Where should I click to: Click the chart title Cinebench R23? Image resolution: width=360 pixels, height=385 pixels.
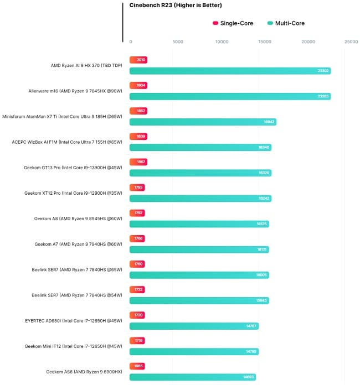[x=176, y=6]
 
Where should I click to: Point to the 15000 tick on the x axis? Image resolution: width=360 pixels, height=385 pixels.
[x=265, y=41]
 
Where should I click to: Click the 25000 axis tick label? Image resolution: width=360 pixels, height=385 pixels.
[x=351, y=41]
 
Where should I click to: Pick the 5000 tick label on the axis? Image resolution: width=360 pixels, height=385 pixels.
[x=178, y=41]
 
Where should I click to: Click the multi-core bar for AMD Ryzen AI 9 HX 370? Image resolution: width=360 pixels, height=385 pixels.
[x=230, y=71]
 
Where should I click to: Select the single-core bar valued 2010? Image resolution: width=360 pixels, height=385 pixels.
[x=138, y=60]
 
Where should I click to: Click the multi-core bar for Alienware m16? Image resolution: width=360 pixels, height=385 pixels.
[x=230, y=96]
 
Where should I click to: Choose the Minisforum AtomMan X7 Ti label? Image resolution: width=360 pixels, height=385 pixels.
[x=64, y=116]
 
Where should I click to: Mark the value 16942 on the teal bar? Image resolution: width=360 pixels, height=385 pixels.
[x=269, y=122]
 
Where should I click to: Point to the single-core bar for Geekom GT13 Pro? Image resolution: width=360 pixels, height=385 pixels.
[x=138, y=162]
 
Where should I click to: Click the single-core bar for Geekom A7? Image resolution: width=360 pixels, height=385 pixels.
[x=137, y=238]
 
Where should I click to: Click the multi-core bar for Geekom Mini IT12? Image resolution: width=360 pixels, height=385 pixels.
[x=194, y=351]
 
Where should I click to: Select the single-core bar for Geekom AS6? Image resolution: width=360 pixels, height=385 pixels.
[x=137, y=366]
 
